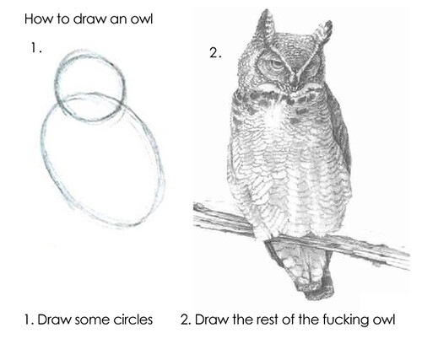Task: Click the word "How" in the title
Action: (x=39, y=18)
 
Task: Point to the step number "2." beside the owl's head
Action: (x=215, y=53)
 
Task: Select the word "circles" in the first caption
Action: (x=133, y=320)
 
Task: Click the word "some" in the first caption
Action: (x=92, y=320)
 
